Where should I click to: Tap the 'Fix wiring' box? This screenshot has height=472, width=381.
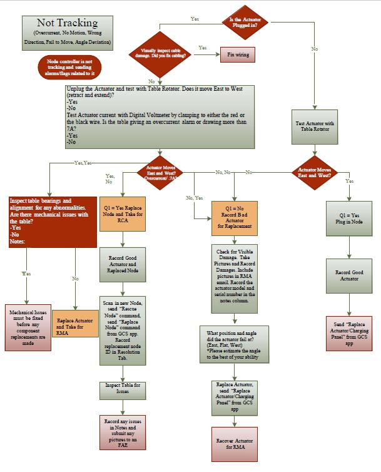pyautogui.click(x=237, y=55)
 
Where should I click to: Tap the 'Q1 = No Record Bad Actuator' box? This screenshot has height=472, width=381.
pyautogui.click(x=235, y=216)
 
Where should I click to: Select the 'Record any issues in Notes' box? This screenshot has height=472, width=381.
pyautogui.click(x=123, y=432)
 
